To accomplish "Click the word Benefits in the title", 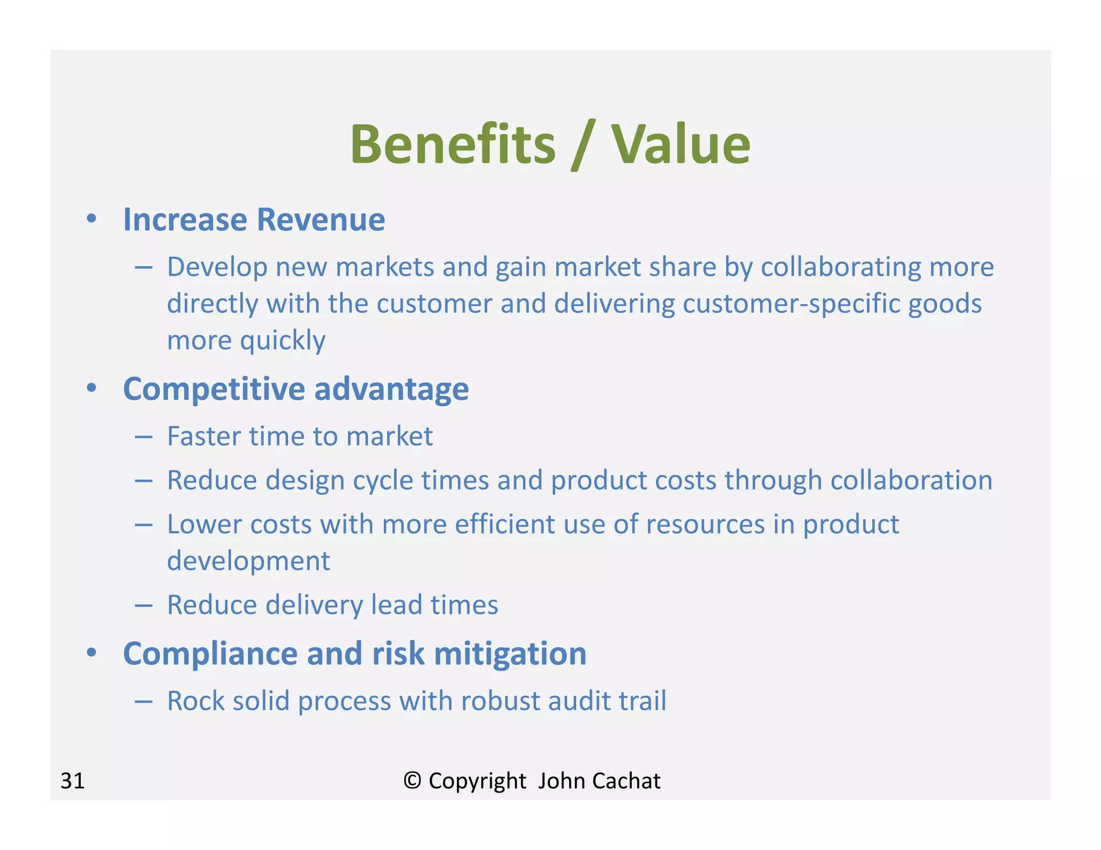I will pyautogui.click(x=453, y=144).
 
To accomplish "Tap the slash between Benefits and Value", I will pyautogui.click(x=583, y=145).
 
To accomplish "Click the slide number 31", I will pyautogui.click(x=73, y=781).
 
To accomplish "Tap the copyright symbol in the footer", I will pyautogui.click(x=412, y=780).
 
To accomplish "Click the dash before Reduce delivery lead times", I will pyautogui.click(x=144, y=606).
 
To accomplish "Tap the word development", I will pyautogui.click(x=248, y=561).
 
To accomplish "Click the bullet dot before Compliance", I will pyautogui.click(x=91, y=653).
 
